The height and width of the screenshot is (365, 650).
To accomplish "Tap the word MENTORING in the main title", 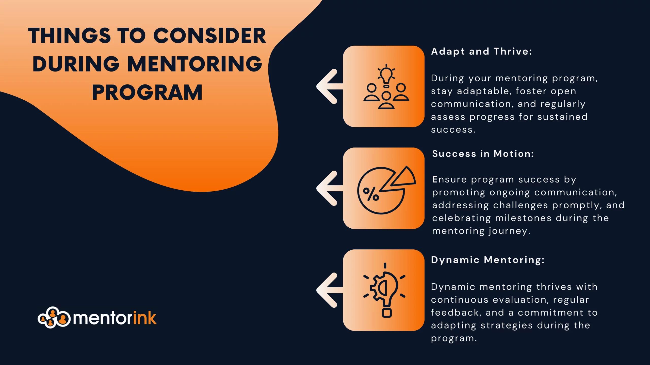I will (195, 64).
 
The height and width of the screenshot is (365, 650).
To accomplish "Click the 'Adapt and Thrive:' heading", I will (481, 51).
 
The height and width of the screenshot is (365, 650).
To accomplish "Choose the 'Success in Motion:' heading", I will (483, 154).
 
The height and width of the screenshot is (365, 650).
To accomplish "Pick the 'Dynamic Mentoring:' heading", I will (488, 260).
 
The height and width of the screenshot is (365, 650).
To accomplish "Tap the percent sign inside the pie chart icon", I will (371, 194).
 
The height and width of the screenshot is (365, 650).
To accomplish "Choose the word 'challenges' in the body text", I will (520, 205).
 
